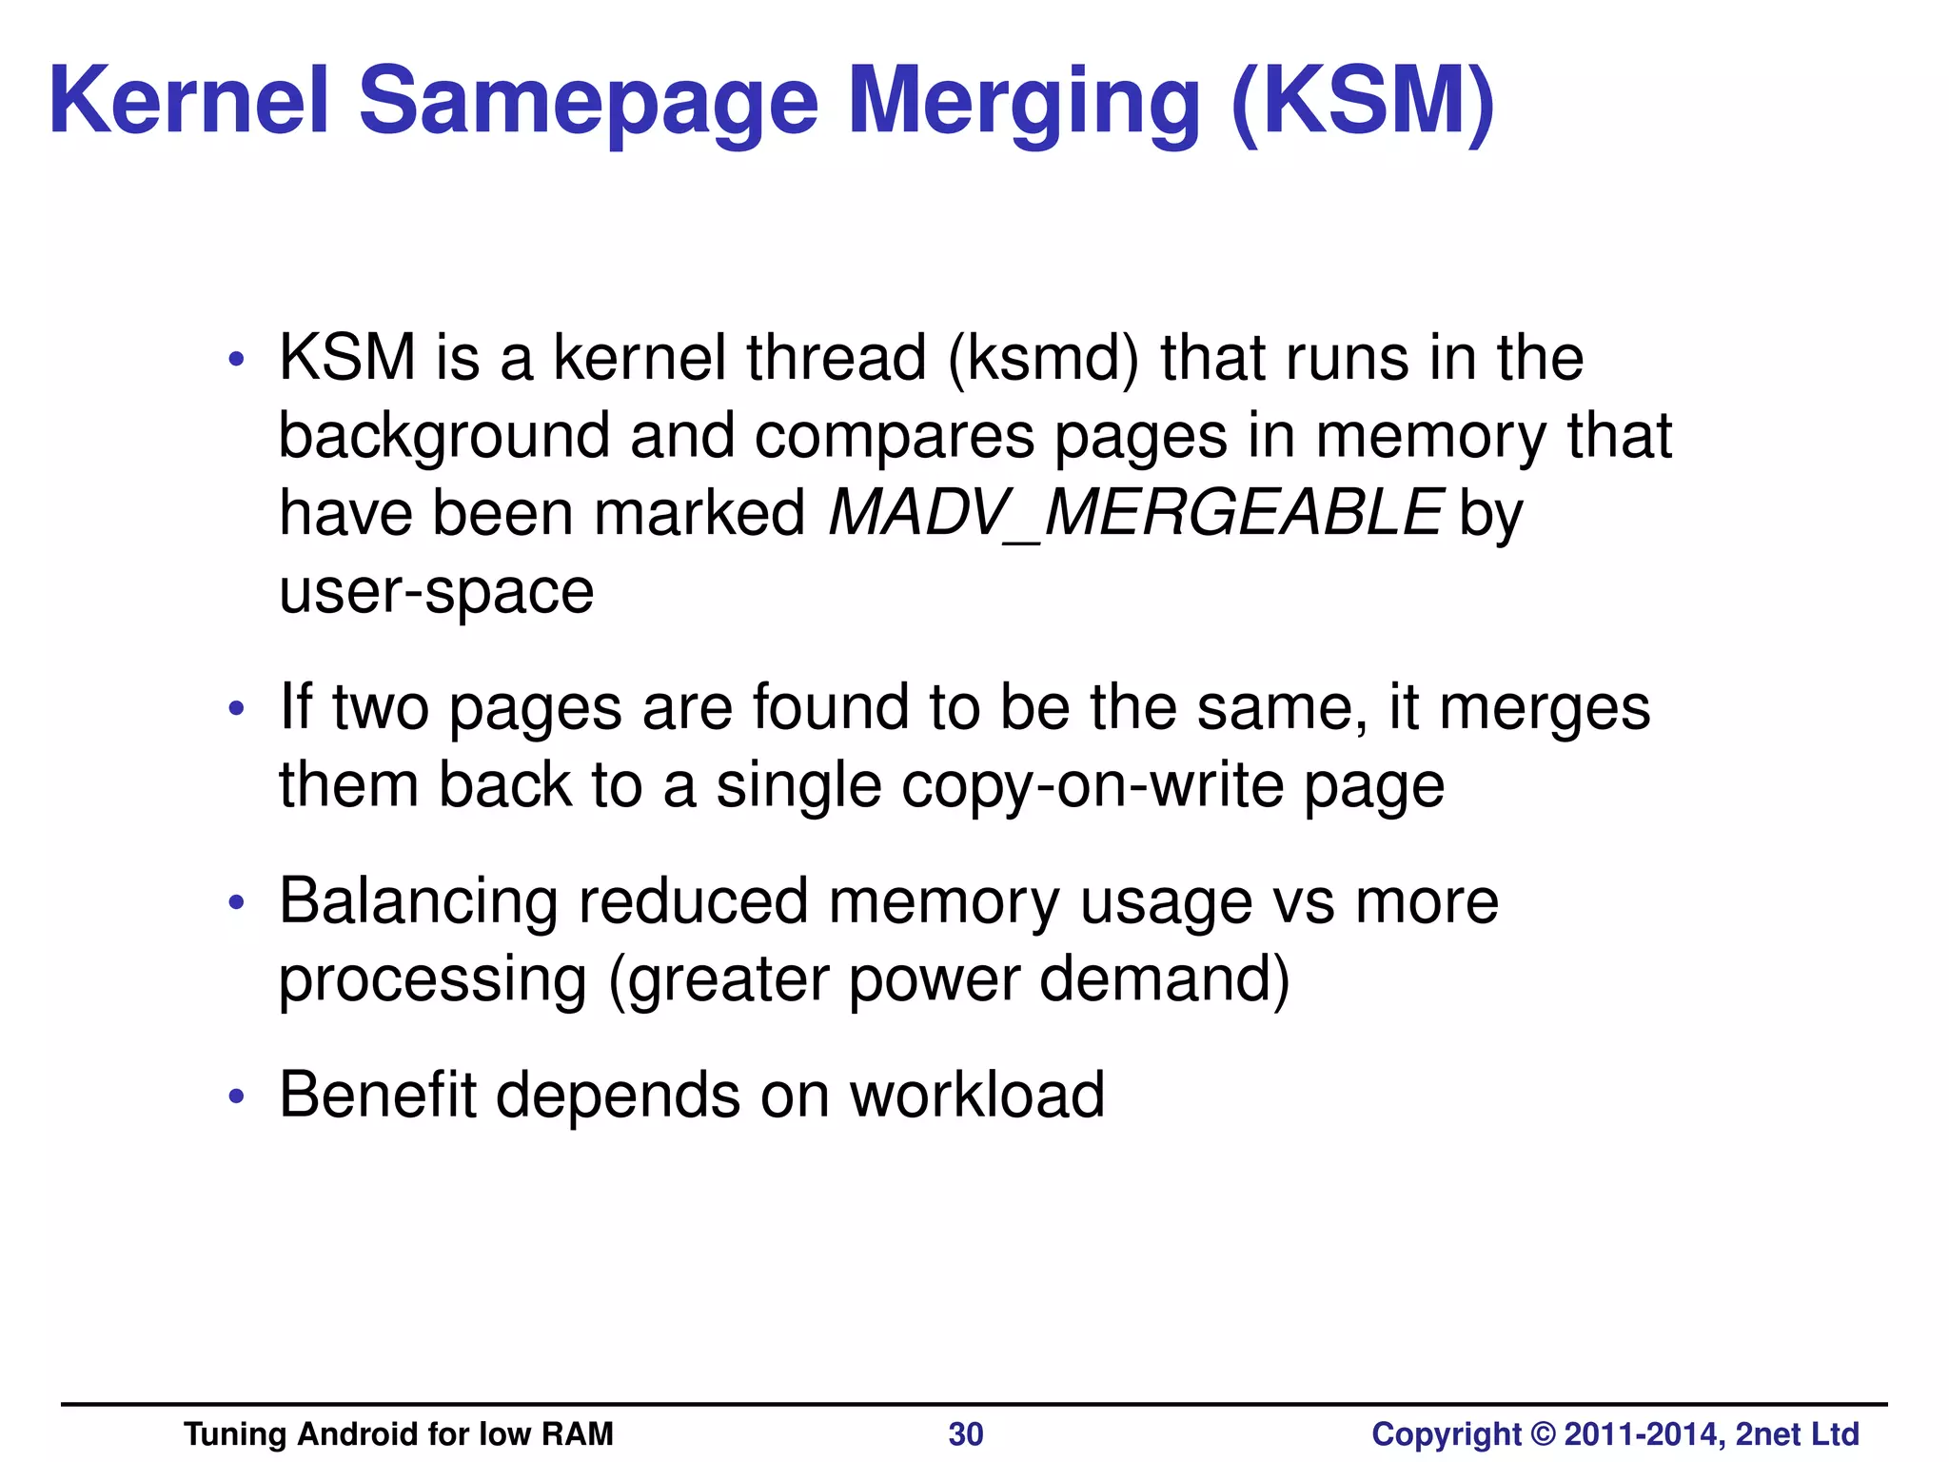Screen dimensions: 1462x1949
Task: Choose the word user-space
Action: [436, 592]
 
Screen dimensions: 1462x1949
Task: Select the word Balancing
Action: [419, 902]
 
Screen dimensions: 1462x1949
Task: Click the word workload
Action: [976, 1095]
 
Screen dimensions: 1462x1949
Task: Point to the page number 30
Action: [966, 1433]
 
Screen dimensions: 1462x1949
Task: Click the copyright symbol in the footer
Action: [1543, 1433]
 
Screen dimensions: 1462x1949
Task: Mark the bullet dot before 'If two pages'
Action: [237, 709]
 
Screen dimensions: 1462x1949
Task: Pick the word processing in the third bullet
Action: [433, 980]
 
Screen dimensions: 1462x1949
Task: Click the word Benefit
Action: [377, 1095]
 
